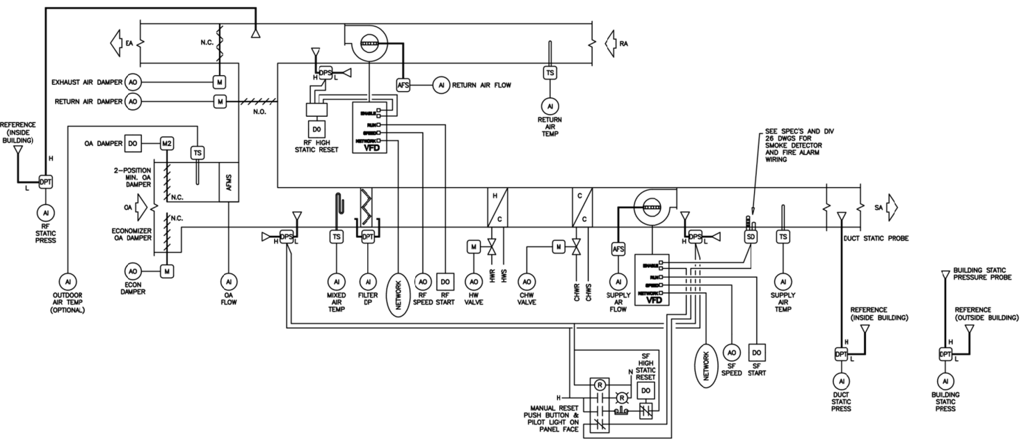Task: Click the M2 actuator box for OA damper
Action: point(167,143)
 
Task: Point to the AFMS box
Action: point(229,182)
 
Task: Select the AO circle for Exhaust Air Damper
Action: point(134,82)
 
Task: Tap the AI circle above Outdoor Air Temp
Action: point(68,282)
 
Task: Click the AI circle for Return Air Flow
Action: point(440,85)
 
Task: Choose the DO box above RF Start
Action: point(444,282)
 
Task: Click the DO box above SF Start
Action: point(756,353)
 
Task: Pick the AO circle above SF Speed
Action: point(731,353)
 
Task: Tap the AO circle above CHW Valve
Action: point(527,282)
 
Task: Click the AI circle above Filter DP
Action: point(367,282)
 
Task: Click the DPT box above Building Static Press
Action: point(945,354)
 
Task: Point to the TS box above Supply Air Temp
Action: point(783,237)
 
